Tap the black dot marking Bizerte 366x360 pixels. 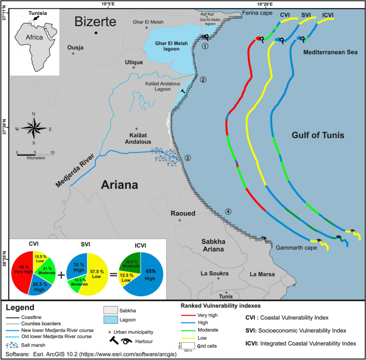(x=96, y=33)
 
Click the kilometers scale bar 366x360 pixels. (x=35, y=154)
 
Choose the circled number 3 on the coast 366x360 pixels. (x=188, y=158)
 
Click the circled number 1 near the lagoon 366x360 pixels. (x=205, y=46)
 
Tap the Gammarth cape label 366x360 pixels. (x=294, y=248)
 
